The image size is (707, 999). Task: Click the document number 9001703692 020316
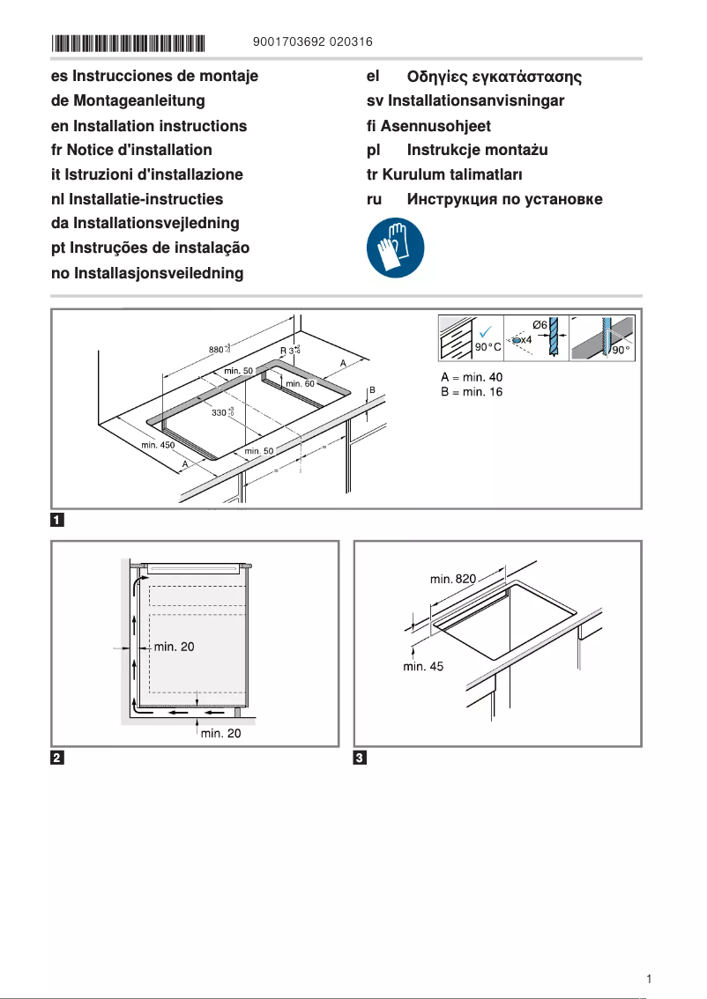tap(312, 41)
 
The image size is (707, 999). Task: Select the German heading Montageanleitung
tap(128, 101)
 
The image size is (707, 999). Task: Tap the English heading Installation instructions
tap(149, 126)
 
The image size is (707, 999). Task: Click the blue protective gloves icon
tap(395, 248)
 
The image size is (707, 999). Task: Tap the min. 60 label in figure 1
tap(300, 383)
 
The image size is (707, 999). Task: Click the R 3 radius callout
tap(289, 351)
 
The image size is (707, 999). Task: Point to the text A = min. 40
tap(472, 377)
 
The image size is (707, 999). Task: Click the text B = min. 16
tap(472, 391)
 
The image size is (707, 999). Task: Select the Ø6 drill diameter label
tap(540, 324)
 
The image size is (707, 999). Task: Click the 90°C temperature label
tap(488, 348)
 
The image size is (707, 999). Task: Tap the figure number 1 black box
tap(57, 519)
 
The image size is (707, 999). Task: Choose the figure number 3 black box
tap(360, 758)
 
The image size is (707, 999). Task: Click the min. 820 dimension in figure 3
tap(453, 579)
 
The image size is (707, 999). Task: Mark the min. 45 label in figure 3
tap(424, 667)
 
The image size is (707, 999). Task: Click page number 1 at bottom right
tap(649, 979)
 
